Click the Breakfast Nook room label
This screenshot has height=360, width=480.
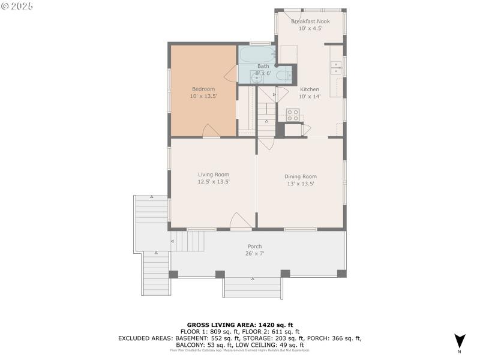(x=310, y=21)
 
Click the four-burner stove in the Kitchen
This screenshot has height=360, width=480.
(x=293, y=114)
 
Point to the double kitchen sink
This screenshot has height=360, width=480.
(x=336, y=67)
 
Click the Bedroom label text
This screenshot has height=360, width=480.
(x=203, y=89)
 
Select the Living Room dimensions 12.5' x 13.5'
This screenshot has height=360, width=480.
(x=214, y=181)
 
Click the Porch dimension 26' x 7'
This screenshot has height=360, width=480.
(x=255, y=253)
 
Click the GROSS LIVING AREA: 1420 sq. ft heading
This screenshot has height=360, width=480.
(x=239, y=325)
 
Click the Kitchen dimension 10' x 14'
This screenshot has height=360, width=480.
(x=310, y=96)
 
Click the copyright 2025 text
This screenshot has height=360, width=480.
(x=17, y=5)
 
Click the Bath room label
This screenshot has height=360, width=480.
(x=263, y=66)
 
